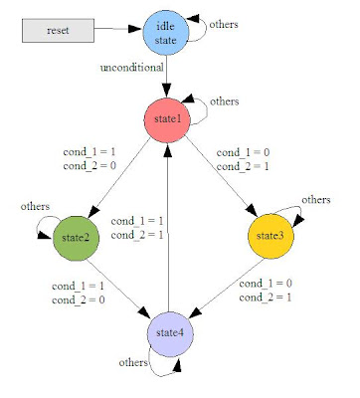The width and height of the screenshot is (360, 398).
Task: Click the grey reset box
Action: pos(58,31)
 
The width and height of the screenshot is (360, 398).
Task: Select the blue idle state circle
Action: pos(166,33)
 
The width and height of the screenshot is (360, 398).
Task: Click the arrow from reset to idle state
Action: pos(118,31)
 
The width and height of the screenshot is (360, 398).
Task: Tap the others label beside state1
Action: pos(225,101)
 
